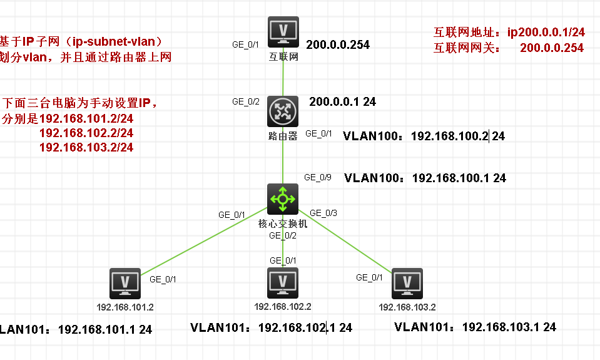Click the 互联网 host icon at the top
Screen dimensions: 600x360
pyautogui.click(x=283, y=32)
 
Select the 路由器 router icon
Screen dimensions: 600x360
pyautogui.click(x=283, y=111)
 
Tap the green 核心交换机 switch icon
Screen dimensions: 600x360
pyautogui.click(x=283, y=199)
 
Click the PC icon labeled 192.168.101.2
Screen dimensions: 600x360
pyautogui.click(x=125, y=284)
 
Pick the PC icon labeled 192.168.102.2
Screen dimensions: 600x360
pyautogui.click(x=283, y=283)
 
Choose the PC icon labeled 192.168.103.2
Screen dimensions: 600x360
pyautogui.click(x=407, y=284)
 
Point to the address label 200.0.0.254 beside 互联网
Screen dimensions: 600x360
pyautogui.click(x=338, y=45)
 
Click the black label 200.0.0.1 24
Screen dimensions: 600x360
pyautogui.click(x=342, y=102)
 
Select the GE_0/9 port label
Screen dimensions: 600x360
pyautogui.click(x=318, y=177)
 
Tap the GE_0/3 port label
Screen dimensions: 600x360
pyautogui.click(x=323, y=213)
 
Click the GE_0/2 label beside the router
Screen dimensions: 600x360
pyautogui.click(x=246, y=101)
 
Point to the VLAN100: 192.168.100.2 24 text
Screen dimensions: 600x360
pyautogui.click(x=424, y=136)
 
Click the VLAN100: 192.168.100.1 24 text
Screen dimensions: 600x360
pyautogui.click(x=425, y=178)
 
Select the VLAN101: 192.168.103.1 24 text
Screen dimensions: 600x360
pyautogui.click(x=475, y=327)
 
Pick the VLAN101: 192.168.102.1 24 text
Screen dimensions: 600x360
pyautogui.click(x=271, y=328)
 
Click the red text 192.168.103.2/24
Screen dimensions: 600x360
pyautogui.click(x=86, y=148)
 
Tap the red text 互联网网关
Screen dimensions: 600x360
pyautogui.click(x=467, y=48)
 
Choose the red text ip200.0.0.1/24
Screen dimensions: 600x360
pyautogui.click(x=546, y=32)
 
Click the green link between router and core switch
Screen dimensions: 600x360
pyautogui.click(x=283, y=155)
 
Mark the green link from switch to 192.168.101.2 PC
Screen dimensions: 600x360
pyautogui.click(x=204, y=241)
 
